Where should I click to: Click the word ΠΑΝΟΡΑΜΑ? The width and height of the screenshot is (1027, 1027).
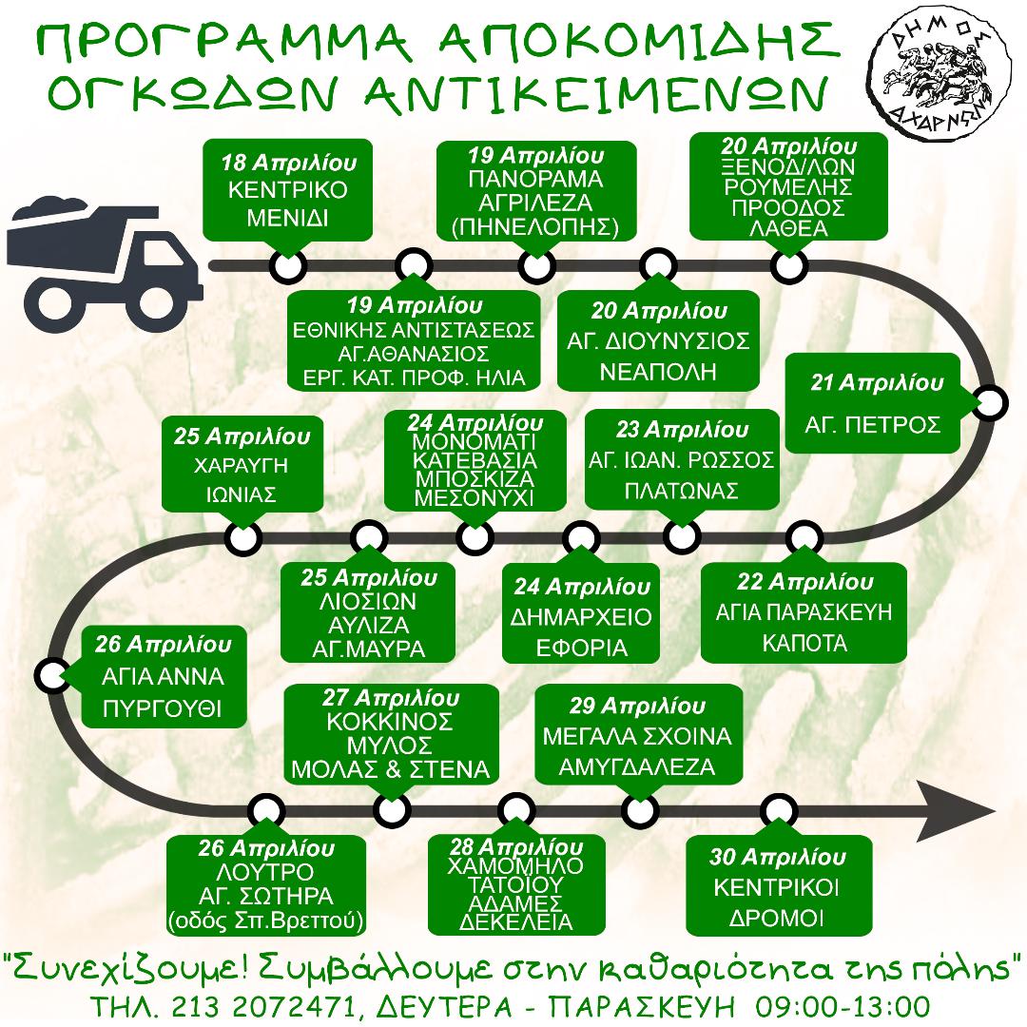(535, 180)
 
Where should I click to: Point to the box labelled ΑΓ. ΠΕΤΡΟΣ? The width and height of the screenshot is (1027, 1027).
(872, 403)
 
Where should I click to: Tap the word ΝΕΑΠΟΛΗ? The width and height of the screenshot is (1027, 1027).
(658, 372)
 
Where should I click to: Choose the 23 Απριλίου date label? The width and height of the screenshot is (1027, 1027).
(682, 430)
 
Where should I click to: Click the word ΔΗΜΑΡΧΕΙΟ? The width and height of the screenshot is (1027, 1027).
(581, 617)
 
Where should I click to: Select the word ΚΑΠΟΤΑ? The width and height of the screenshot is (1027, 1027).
(804, 643)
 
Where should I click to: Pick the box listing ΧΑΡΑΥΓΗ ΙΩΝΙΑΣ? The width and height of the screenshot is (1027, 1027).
(242, 464)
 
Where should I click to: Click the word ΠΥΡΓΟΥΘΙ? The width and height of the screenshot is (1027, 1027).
(163, 708)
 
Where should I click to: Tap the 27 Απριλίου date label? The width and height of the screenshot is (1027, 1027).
(391, 698)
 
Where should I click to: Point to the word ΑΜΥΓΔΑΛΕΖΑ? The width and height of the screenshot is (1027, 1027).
(636, 767)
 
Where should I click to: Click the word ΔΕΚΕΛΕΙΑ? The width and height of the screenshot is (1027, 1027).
(516, 921)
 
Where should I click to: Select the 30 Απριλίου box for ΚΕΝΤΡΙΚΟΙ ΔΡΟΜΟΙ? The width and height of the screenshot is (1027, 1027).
(778, 887)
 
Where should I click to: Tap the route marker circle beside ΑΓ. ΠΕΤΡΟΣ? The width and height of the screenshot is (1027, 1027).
(989, 403)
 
